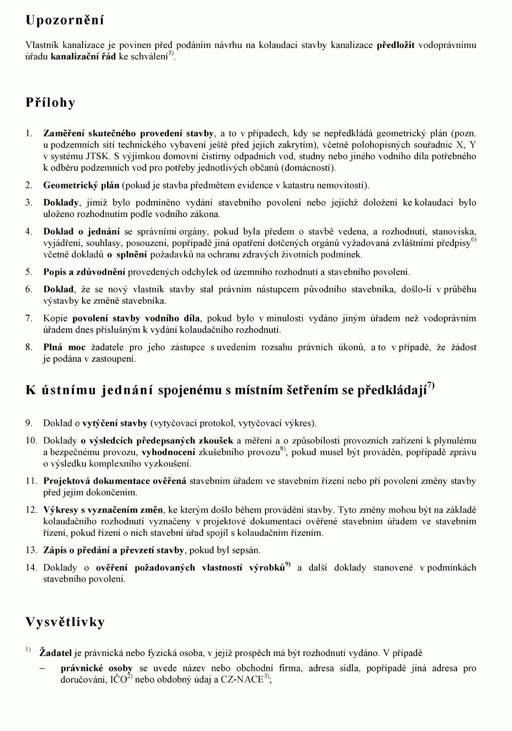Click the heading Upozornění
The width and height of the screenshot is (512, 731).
[65, 20]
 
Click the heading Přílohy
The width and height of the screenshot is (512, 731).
[50, 103]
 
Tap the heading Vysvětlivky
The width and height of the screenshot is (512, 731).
[65, 622]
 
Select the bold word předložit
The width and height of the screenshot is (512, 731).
[396, 45]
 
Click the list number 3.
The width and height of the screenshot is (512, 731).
[29, 203]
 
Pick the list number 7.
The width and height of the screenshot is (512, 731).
[29, 318]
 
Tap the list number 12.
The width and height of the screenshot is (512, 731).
[31, 510]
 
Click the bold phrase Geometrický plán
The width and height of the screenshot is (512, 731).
[81, 185]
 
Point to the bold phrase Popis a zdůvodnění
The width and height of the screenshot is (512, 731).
[84, 272]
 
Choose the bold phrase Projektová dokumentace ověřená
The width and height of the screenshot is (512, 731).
[115, 481]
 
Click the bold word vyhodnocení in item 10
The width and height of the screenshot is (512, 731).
[168, 452]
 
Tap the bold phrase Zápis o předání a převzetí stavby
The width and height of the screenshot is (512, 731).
[113, 550]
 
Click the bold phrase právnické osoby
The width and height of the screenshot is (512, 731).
[97, 668]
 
